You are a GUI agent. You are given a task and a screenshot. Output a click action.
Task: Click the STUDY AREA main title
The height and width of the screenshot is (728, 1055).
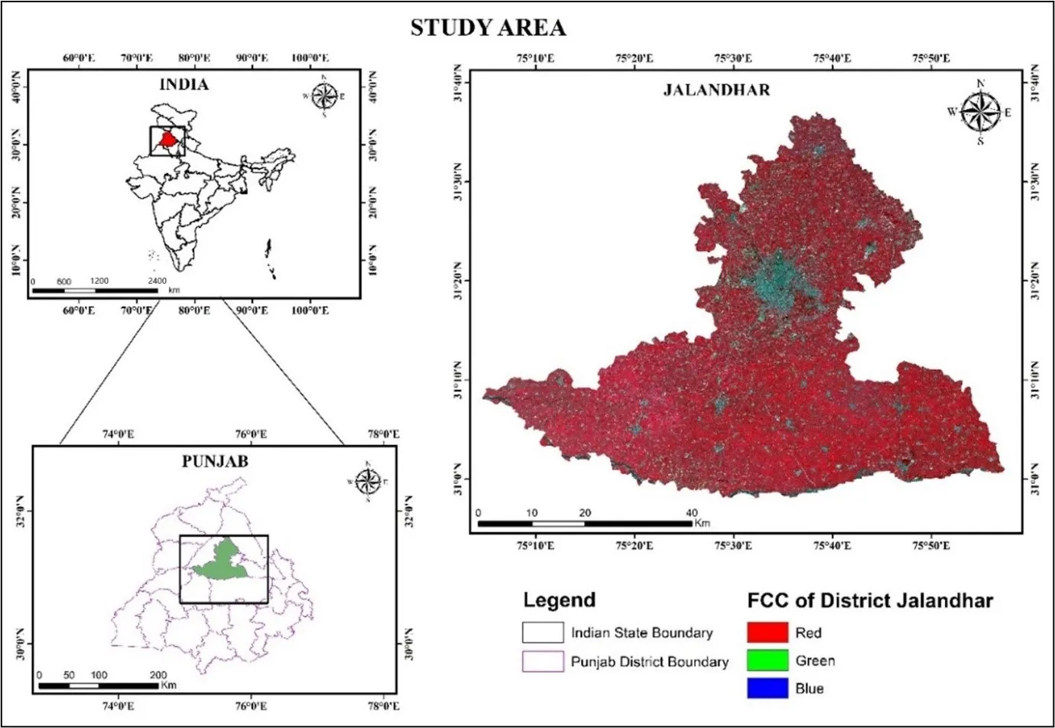(x=488, y=28)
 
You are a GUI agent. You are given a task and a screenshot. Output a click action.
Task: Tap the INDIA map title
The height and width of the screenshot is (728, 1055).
(x=183, y=84)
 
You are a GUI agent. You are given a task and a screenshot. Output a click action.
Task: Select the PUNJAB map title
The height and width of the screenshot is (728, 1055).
(x=215, y=461)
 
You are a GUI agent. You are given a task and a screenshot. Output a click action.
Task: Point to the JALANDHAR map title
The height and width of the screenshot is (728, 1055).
(x=716, y=90)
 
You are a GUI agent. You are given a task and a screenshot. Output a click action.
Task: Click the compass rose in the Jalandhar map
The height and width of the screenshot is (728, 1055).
(x=980, y=112)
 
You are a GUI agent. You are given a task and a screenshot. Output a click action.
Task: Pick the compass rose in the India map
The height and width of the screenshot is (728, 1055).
(x=325, y=96)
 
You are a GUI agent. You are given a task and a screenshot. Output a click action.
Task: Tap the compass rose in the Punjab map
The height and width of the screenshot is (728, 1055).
(x=368, y=481)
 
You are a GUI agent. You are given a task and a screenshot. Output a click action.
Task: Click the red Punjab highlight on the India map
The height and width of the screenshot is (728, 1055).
(x=168, y=140)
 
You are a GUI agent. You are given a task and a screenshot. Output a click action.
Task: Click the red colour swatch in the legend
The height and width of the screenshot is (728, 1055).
(x=767, y=632)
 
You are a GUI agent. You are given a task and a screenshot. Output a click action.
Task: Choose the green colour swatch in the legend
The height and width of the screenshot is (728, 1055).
(x=767, y=660)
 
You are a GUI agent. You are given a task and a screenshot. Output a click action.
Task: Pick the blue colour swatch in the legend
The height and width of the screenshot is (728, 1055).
(x=767, y=687)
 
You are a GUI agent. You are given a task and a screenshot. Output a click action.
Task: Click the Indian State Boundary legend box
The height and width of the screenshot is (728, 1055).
(x=542, y=632)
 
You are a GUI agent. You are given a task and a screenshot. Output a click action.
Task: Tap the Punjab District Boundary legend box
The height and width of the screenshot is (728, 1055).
(x=542, y=661)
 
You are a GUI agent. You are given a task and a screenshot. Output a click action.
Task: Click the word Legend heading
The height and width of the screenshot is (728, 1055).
(x=559, y=600)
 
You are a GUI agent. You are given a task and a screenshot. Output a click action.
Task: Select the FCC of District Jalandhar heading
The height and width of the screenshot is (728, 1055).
(x=870, y=600)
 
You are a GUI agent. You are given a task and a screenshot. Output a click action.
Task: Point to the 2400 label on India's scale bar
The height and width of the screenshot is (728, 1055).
(x=157, y=281)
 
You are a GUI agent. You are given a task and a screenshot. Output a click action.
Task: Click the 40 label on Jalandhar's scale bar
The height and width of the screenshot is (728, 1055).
(x=691, y=512)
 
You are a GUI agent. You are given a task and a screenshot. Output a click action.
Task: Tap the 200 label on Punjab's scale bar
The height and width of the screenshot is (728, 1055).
(x=157, y=675)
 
